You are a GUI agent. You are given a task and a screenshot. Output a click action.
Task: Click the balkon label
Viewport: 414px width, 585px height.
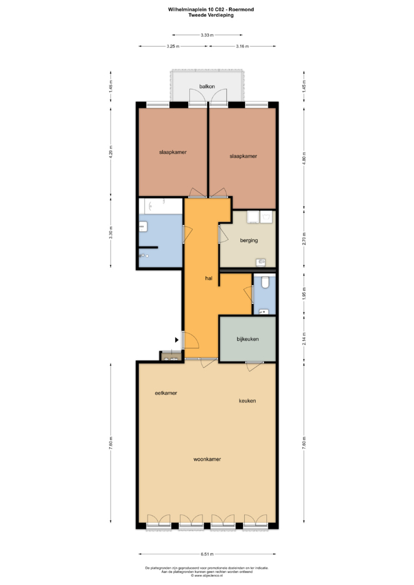click(x=207, y=87)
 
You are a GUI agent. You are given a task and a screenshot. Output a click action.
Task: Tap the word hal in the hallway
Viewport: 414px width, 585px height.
click(x=209, y=278)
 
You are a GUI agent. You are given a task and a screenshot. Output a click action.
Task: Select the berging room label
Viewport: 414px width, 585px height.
click(x=249, y=240)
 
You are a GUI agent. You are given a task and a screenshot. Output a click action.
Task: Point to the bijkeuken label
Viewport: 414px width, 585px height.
click(x=248, y=339)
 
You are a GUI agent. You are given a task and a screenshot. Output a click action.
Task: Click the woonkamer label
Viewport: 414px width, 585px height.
click(x=207, y=459)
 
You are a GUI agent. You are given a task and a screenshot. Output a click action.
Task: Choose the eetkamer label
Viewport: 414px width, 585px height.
click(x=166, y=393)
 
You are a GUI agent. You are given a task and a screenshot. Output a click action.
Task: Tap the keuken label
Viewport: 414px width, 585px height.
click(x=247, y=401)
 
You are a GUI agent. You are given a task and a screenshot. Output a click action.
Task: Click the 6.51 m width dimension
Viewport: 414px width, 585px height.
click(x=207, y=554)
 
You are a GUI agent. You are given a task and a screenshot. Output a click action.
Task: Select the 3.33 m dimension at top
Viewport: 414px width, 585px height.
click(x=207, y=35)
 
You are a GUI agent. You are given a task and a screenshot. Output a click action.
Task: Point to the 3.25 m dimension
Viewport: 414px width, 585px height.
click(x=173, y=46)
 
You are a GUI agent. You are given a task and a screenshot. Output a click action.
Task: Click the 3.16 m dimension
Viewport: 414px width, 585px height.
click(x=242, y=46)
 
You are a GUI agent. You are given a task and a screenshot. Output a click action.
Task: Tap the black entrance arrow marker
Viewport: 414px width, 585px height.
click(x=177, y=340)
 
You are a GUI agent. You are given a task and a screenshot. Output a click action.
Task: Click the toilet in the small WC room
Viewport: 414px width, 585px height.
click(x=265, y=282)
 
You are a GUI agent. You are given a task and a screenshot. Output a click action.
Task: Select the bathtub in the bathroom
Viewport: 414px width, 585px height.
click(x=161, y=206)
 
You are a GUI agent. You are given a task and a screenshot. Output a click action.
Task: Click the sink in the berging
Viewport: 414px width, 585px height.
click(x=261, y=263)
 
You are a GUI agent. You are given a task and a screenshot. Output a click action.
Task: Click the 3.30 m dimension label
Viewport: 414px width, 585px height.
click(x=111, y=232)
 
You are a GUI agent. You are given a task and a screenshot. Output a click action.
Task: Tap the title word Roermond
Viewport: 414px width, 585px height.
click(x=241, y=10)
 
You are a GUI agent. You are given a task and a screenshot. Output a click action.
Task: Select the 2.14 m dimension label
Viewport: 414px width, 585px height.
click(x=304, y=339)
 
